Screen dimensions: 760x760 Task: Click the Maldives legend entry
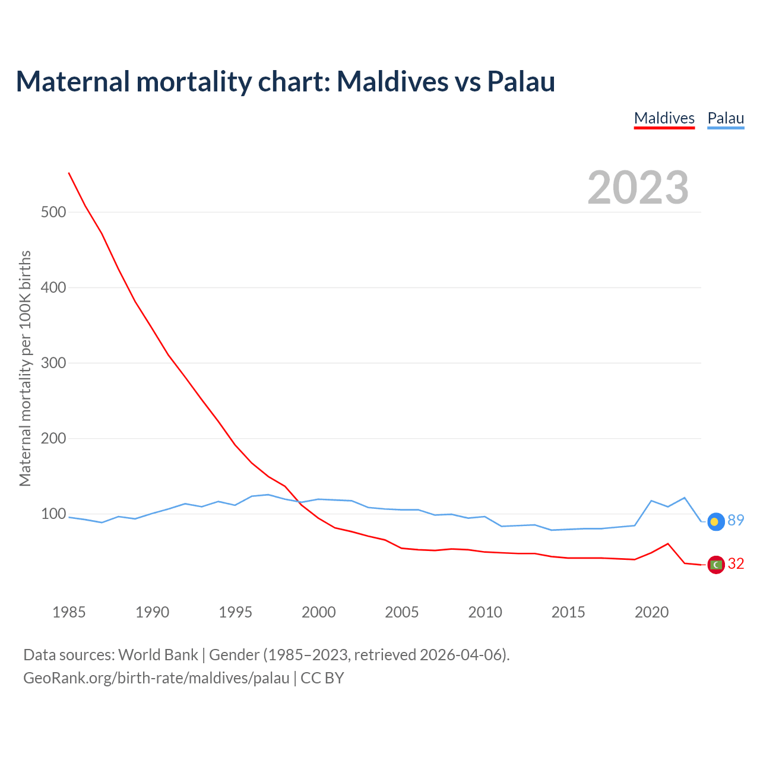(664, 118)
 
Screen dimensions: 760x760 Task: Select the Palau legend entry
(726, 118)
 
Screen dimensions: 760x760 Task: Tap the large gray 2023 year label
(638, 188)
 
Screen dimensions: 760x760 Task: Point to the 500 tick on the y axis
(53, 212)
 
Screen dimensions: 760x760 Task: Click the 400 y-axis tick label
(53, 287)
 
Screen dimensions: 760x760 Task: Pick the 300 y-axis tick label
(53, 363)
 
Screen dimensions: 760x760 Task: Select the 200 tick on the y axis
(53, 438)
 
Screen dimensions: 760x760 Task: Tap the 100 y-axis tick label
(53, 514)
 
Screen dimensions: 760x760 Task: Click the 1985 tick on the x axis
(69, 612)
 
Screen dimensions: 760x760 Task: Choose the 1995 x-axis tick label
(236, 612)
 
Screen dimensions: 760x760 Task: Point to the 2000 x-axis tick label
(319, 612)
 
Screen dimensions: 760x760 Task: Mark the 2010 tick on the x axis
(485, 612)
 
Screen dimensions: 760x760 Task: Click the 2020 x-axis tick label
(652, 612)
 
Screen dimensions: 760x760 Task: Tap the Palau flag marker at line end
(716, 521)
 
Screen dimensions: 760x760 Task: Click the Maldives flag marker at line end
(716, 565)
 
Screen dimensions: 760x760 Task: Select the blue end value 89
(736, 521)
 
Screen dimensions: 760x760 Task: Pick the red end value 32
(736, 564)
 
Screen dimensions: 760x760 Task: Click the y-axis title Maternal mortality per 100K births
(25, 368)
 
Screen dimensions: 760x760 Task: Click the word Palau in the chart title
(521, 81)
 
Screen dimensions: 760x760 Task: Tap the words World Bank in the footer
(158, 655)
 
